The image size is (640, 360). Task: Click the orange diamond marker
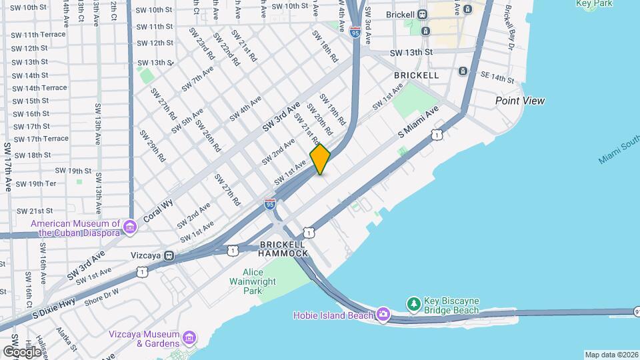tap(320, 159)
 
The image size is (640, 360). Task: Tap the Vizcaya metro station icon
tap(170, 255)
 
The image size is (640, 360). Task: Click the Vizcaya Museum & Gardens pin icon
tap(189, 338)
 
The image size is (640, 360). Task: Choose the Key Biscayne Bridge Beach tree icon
tap(414, 304)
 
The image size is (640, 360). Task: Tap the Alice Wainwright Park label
tap(253, 281)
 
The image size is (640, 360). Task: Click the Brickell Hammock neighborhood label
tap(283, 249)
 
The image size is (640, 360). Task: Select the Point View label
tap(519, 101)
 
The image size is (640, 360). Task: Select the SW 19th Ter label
tap(36, 183)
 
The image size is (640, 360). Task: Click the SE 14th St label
tap(495, 78)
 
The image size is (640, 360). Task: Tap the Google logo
tap(22, 351)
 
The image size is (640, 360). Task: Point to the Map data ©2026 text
tap(611, 355)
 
